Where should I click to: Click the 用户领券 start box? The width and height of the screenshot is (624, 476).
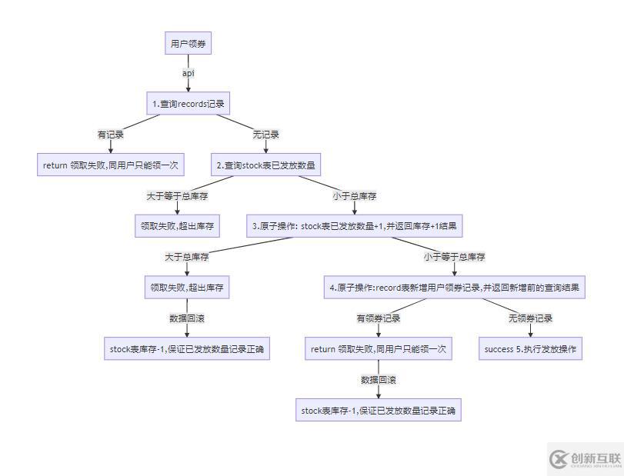tap(189, 44)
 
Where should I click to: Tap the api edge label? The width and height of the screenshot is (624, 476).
tap(188, 73)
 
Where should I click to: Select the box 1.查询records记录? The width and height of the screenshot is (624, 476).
tap(190, 103)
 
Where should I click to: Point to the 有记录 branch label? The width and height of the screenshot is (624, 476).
tap(110, 134)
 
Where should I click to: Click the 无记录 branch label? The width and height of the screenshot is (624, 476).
tap(266, 134)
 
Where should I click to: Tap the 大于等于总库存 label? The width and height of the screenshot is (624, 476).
tap(178, 195)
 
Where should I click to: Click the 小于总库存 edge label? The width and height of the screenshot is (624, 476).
tap(355, 195)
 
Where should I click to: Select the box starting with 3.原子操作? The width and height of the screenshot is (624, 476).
tap(354, 226)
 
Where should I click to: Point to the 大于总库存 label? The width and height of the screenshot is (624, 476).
tap(187, 256)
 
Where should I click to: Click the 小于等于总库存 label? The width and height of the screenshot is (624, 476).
tap(455, 256)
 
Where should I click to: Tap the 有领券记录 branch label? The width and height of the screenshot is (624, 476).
tap(378, 318)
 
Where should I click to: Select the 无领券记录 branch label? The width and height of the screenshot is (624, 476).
tap(530, 318)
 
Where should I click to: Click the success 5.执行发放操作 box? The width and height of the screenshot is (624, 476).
tap(530, 349)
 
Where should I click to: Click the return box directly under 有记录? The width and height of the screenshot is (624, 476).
tap(110, 165)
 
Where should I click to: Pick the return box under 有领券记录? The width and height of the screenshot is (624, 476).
tap(378, 349)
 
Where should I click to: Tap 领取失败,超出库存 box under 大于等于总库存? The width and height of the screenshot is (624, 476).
tap(178, 226)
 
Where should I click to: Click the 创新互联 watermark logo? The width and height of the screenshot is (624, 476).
tap(585, 459)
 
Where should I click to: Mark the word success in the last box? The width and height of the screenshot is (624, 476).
tap(499, 349)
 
